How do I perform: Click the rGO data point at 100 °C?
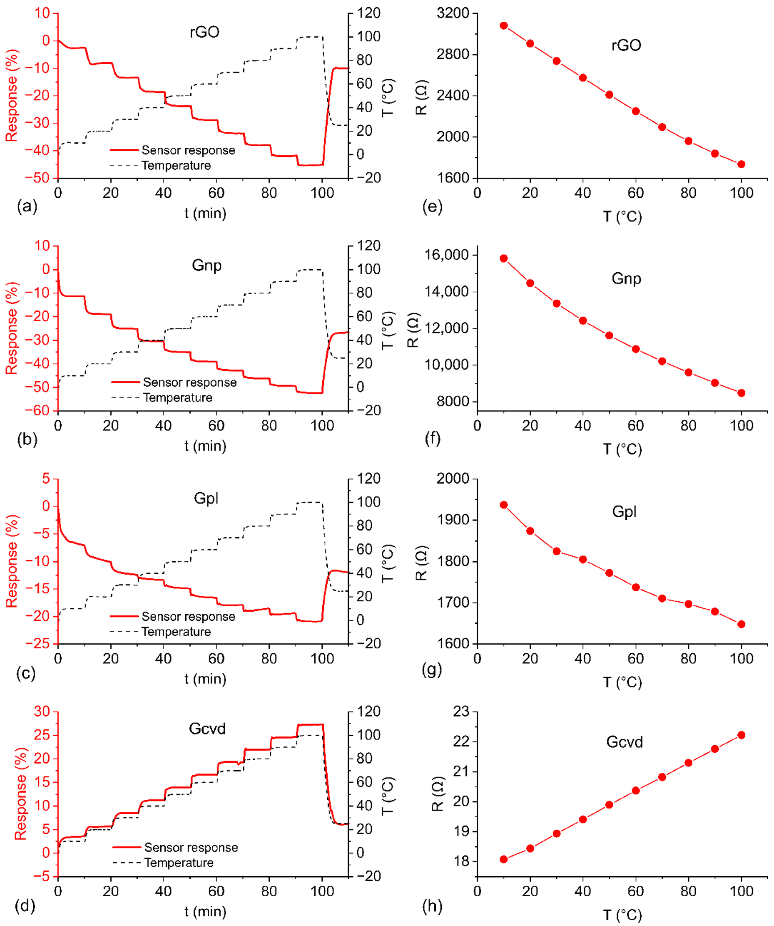tap(741, 164)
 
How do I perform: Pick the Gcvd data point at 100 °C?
tap(741, 735)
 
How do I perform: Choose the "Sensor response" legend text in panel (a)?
tap(188, 150)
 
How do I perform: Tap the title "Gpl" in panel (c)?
tap(206, 499)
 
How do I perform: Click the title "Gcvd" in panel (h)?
tap(625, 742)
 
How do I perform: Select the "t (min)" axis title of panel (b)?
tap(205, 446)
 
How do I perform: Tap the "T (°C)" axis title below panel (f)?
tap(622, 449)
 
